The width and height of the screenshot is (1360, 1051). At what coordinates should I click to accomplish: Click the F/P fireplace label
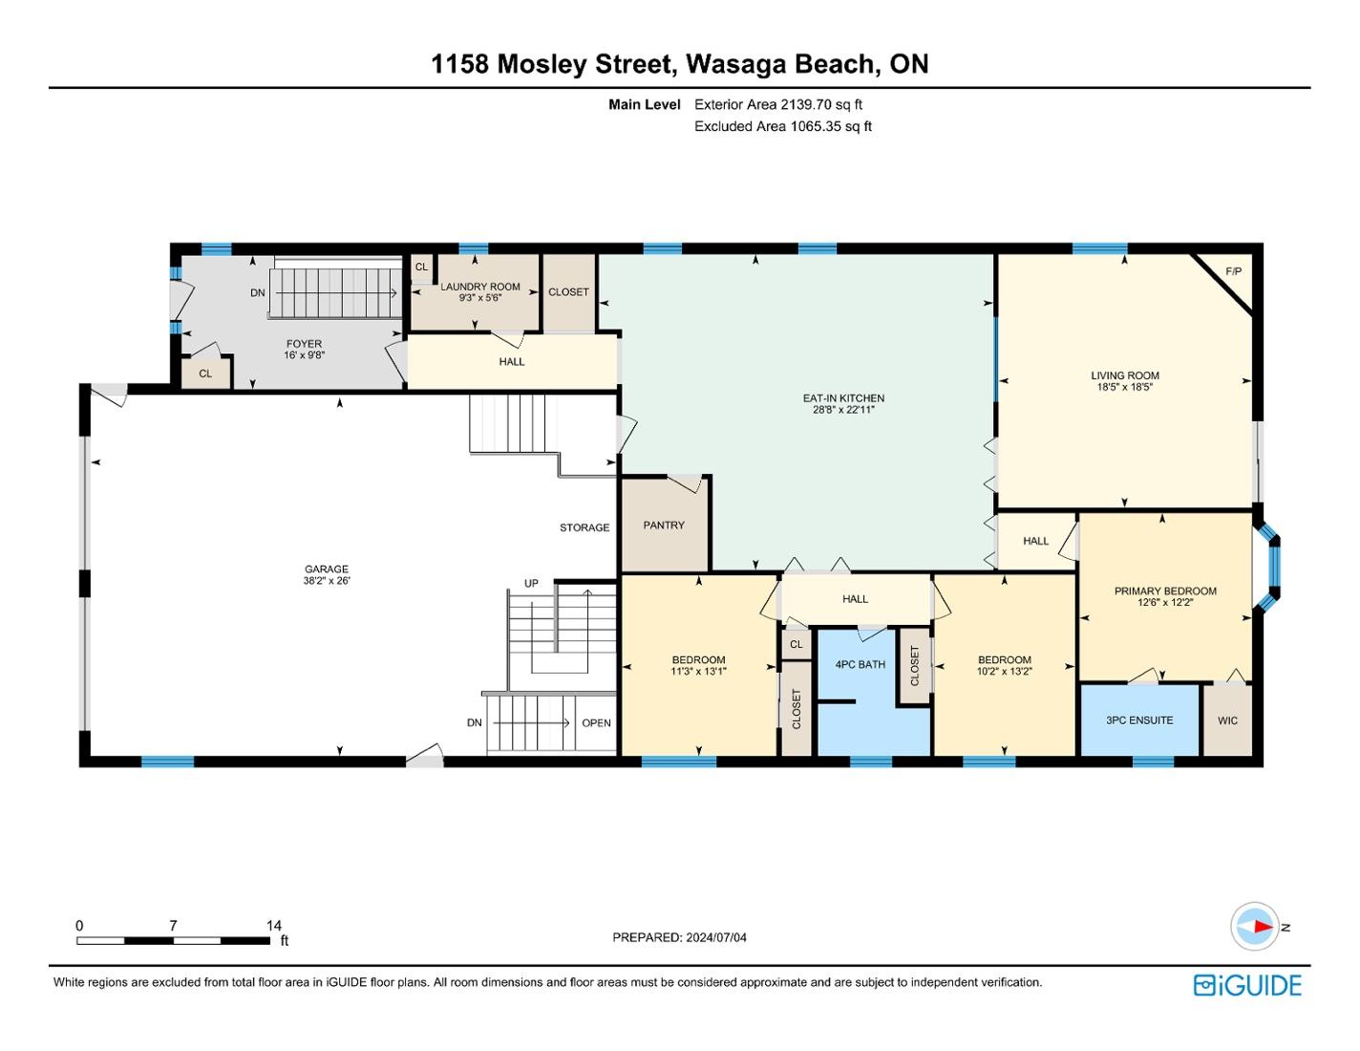tap(1233, 271)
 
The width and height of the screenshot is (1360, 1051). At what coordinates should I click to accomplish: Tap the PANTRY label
tap(664, 525)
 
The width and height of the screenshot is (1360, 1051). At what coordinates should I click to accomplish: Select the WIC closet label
tap(1227, 720)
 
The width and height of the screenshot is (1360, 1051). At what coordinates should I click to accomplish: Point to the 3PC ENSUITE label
tap(1139, 719)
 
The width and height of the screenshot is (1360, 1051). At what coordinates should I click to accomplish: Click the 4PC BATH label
tap(860, 664)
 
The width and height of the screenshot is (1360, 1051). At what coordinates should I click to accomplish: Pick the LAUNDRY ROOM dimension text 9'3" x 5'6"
tap(480, 298)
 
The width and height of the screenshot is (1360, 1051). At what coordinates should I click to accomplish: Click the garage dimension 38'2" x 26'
tap(327, 580)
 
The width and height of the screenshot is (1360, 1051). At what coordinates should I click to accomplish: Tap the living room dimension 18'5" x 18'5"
tap(1125, 387)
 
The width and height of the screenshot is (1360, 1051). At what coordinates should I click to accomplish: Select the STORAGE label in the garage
tap(584, 527)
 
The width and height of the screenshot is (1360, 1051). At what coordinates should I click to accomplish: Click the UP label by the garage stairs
tap(531, 584)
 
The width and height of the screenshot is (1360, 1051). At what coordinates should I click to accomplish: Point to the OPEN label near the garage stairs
tap(596, 723)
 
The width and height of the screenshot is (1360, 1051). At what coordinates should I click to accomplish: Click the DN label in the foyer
tap(257, 292)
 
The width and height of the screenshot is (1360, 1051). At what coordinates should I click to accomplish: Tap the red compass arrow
tap(1262, 927)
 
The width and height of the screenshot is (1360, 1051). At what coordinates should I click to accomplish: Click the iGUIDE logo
tap(1246, 985)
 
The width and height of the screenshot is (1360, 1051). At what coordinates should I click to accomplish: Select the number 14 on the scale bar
tap(273, 925)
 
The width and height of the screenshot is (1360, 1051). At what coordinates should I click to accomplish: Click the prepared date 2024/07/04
tap(716, 937)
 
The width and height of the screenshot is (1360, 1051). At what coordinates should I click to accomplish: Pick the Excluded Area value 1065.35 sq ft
tap(831, 126)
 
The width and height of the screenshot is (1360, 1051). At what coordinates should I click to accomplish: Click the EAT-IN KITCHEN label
tap(843, 398)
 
